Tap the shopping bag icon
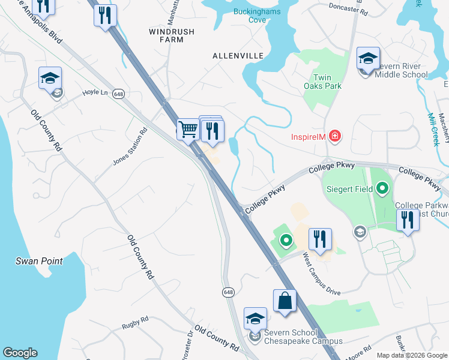pos(285,301)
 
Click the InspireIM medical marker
pos(335,136)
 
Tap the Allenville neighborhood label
pos(238,55)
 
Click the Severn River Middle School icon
pos(368,58)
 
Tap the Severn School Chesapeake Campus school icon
pos(255,318)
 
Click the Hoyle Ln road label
pos(95,92)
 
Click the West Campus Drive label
pos(321,274)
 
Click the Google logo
pos(20,353)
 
